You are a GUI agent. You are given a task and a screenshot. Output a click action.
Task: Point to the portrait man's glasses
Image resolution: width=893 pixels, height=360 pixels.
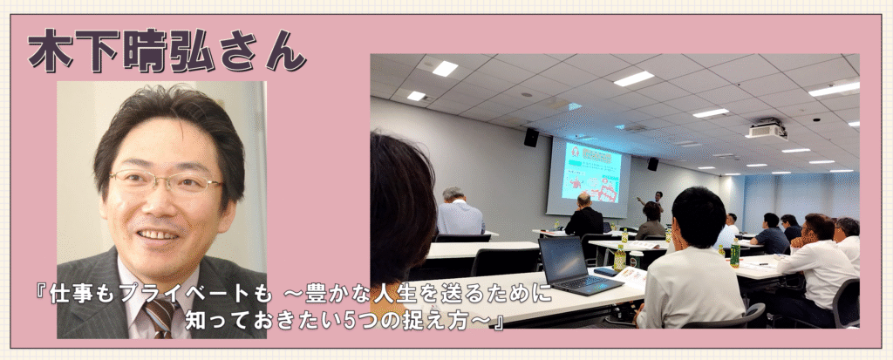pyautogui.click(x=165, y=181)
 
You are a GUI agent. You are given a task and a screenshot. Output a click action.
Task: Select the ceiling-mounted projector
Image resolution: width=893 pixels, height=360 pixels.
pyautogui.click(x=767, y=129)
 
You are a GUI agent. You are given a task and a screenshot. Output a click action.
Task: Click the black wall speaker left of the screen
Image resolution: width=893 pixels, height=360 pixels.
pyautogui.click(x=531, y=137)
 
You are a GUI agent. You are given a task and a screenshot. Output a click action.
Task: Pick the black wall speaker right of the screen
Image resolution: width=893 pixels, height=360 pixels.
pyautogui.click(x=652, y=164)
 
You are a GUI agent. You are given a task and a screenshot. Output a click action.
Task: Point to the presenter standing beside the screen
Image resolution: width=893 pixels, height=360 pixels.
pyautogui.click(x=654, y=202)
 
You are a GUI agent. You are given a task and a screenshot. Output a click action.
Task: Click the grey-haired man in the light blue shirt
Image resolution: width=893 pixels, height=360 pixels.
pyautogui.click(x=460, y=212)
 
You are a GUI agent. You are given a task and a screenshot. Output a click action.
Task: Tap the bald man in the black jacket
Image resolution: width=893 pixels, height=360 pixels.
pyautogui.click(x=583, y=215)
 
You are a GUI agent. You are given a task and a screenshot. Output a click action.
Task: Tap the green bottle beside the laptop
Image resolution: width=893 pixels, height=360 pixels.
pyautogui.click(x=619, y=258)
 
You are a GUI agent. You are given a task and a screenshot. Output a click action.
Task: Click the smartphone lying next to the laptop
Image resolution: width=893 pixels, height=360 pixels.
pyautogui.click(x=607, y=272)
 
